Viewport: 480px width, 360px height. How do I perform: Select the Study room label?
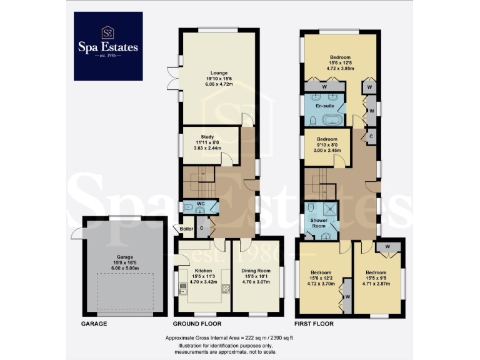click(x=207, y=137)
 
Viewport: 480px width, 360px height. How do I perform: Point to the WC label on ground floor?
click(x=201, y=204)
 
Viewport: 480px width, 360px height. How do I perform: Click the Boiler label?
click(x=186, y=229)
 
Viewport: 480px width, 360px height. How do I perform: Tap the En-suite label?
click(x=324, y=106)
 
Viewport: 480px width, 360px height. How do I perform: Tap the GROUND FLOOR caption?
click(x=197, y=324)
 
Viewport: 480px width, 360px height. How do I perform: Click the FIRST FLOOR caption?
click(x=314, y=324)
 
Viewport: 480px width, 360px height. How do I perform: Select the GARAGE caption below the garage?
click(x=94, y=324)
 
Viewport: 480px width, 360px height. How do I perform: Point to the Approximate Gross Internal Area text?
click(x=239, y=337)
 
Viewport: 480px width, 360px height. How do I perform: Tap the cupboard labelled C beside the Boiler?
click(x=202, y=229)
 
